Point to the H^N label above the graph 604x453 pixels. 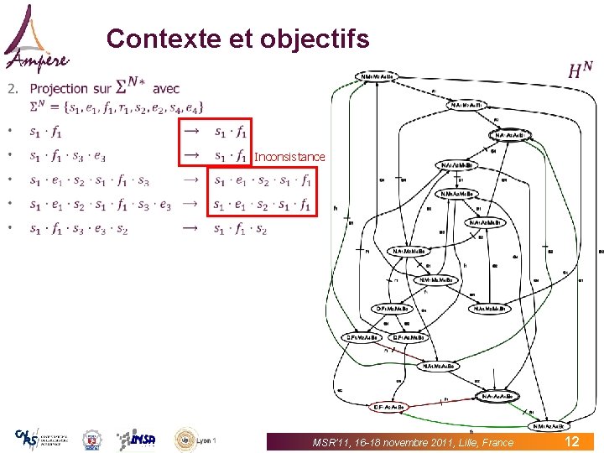pyautogui.click(x=581, y=72)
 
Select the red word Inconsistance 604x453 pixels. pyautogui.click(x=289, y=157)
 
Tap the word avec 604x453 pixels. pyautogui.click(x=166, y=88)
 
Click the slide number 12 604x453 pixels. pyautogui.click(x=571, y=441)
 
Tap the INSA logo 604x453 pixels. pyautogui.click(x=135, y=439)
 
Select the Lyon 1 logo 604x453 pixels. pyautogui.click(x=195, y=439)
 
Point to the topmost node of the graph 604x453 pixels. pyautogui.click(x=377, y=77)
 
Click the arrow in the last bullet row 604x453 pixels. pyautogui.click(x=191, y=228)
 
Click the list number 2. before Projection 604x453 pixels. pyautogui.click(x=12, y=89)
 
